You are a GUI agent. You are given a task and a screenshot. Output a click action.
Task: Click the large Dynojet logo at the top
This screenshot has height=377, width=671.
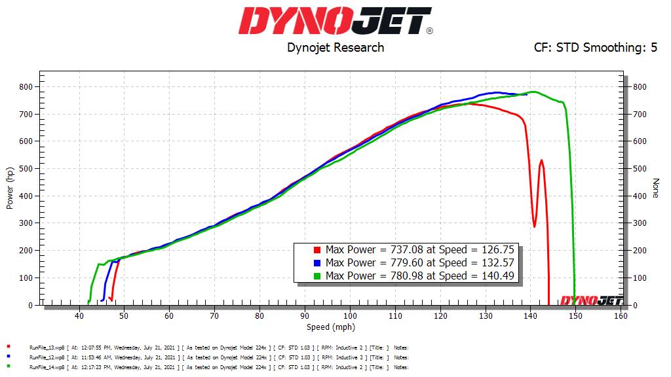pos(335,20)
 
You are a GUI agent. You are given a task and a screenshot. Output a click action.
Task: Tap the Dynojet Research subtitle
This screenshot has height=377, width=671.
pos(335,47)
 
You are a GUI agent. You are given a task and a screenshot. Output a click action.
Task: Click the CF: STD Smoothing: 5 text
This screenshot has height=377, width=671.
pos(596,47)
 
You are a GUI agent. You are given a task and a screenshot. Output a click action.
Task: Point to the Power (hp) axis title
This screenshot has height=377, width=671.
pos(10,188)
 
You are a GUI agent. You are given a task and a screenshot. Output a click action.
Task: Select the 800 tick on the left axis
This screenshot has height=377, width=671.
pos(27,87)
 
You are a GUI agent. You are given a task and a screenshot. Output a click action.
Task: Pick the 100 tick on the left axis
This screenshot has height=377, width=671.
pos(27,278)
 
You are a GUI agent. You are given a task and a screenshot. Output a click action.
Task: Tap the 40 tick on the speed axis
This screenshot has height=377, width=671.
pos(79,315)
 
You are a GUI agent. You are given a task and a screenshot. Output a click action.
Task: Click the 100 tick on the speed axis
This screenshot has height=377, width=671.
pos(350,315)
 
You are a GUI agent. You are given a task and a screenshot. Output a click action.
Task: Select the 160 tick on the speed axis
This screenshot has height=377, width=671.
pos(621,315)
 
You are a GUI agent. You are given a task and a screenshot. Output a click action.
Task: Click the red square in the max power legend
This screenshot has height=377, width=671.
pos(317,250)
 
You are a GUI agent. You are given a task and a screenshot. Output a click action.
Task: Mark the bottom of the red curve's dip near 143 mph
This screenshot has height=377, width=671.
pos(535,226)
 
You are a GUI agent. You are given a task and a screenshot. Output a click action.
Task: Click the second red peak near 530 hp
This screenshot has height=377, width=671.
pos(541,160)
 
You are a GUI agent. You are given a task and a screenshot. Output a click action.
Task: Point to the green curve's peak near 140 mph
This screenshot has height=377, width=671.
pos(533,92)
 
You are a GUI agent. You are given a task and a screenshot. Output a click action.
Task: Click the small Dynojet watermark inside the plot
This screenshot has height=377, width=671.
pos(590,300)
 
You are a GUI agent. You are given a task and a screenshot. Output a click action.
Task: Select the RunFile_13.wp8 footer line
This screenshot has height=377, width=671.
pos(210,348)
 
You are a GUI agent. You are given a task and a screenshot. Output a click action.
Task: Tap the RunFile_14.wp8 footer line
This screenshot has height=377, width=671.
pos(210,368)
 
